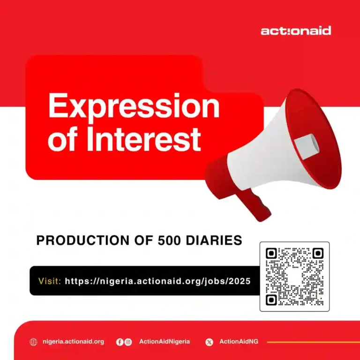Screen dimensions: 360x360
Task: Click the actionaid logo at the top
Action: click(x=295, y=31)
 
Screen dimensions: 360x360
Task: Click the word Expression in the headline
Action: click(x=134, y=106)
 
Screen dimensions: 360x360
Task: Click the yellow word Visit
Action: click(x=49, y=281)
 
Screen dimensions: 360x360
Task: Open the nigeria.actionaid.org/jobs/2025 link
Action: click(x=157, y=281)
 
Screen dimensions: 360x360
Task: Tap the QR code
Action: click(x=294, y=277)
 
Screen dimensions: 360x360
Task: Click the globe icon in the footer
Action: click(x=33, y=342)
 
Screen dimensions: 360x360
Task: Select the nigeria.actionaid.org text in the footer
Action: click(x=73, y=342)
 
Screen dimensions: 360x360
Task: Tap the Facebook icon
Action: click(x=120, y=342)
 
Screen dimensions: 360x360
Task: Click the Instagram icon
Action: click(x=128, y=342)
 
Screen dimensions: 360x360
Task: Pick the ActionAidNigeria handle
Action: click(x=165, y=342)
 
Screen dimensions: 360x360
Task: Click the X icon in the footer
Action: click(x=209, y=342)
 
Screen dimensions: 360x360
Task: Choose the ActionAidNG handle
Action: click(x=239, y=342)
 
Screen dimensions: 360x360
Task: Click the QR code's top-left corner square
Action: click(x=271, y=254)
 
